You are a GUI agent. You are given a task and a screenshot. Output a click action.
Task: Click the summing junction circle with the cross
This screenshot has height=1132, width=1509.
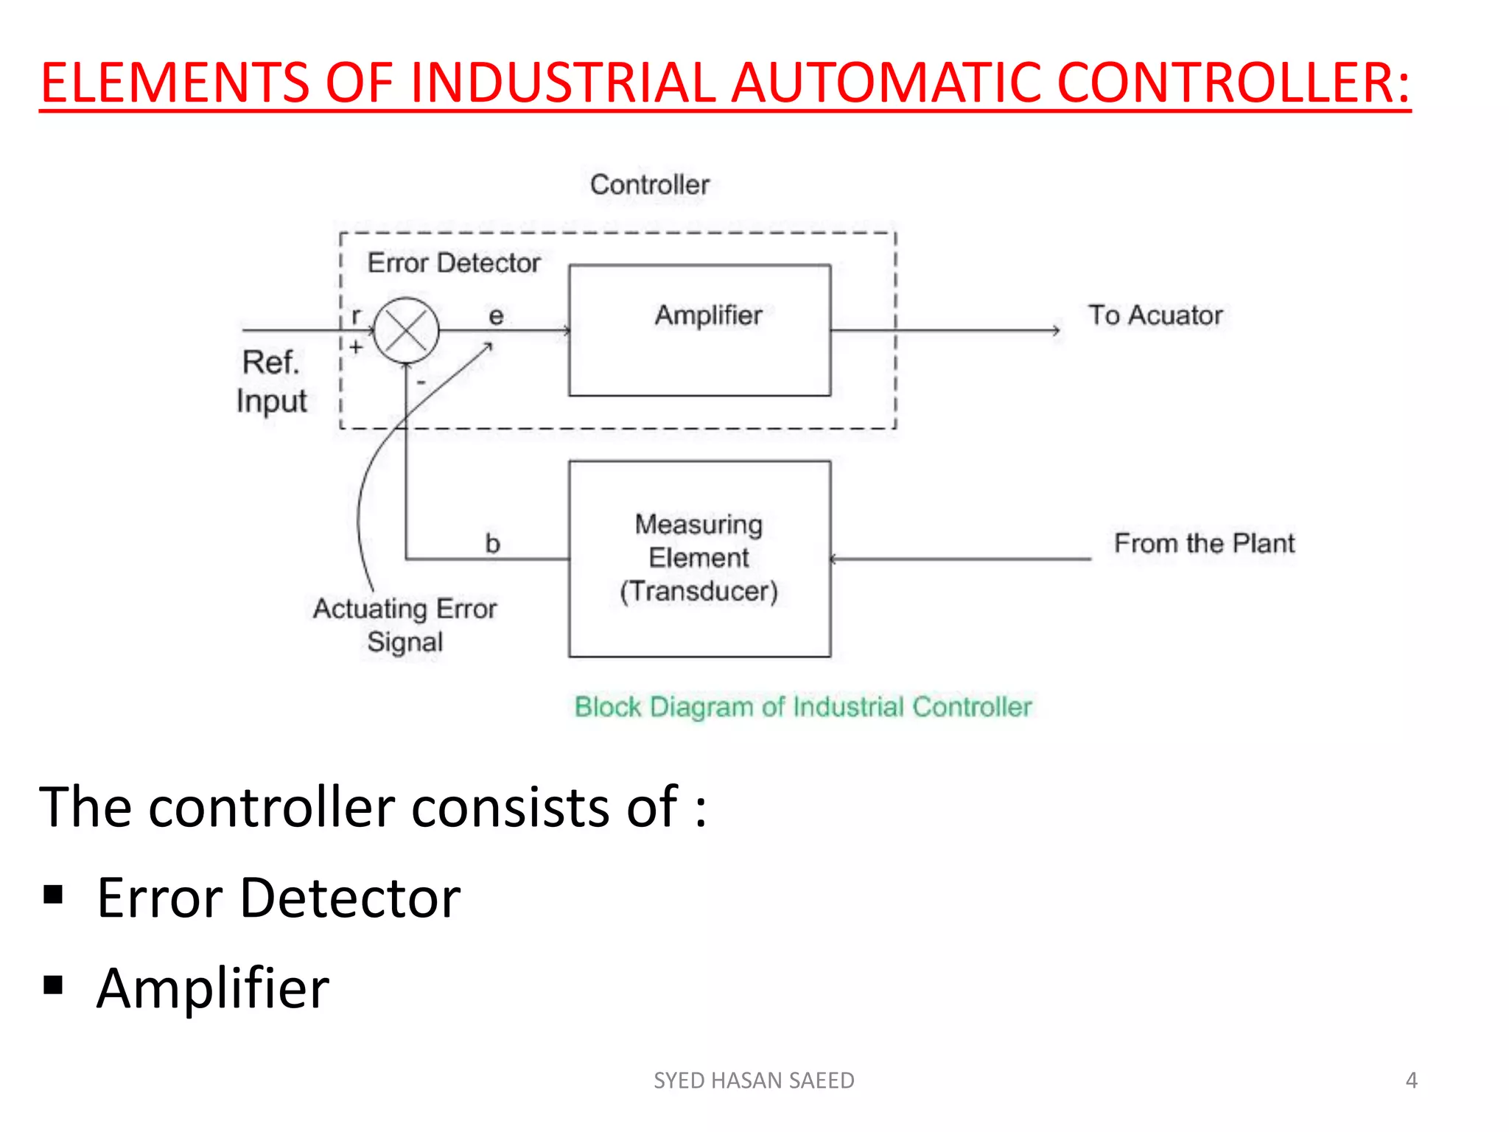click(x=406, y=330)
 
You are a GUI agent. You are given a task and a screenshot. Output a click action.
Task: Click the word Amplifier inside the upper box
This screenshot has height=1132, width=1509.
click(x=708, y=315)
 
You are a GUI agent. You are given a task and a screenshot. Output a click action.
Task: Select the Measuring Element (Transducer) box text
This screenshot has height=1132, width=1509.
click(x=699, y=558)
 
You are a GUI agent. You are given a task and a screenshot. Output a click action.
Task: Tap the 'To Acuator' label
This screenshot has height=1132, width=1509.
click(x=1155, y=315)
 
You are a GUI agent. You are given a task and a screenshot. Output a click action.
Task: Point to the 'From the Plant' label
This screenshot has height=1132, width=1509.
click(x=1203, y=543)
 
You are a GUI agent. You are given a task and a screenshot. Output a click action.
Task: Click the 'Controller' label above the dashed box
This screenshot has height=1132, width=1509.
click(x=649, y=184)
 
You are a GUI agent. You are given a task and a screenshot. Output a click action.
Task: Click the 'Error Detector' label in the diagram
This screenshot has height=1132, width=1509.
click(x=453, y=263)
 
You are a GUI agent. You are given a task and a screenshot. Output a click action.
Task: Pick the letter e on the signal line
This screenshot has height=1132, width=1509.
click(x=496, y=316)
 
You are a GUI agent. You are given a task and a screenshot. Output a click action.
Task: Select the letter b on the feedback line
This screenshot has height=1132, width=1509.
click(x=492, y=544)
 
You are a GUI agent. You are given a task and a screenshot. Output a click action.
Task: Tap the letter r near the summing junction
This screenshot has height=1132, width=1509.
click(x=357, y=316)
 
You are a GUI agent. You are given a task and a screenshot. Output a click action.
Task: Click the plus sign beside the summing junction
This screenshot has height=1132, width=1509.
click(x=357, y=346)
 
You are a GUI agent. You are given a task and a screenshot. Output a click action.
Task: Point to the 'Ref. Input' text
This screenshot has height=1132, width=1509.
click(x=271, y=382)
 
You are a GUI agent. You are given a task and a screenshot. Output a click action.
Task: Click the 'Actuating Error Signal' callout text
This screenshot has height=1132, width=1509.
click(x=405, y=625)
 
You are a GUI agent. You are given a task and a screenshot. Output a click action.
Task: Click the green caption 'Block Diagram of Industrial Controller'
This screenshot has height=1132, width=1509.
click(x=802, y=707)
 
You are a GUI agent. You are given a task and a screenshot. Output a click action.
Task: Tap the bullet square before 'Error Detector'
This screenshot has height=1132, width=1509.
click(x=53, y=894)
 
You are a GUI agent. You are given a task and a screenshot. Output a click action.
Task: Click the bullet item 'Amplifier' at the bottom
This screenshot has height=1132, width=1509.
click(x=212, y=988)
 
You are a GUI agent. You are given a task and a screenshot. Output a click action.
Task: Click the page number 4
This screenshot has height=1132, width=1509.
click(x=1411, y=1080)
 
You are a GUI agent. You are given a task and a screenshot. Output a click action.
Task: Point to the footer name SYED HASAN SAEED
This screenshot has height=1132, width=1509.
click(x=754, y=1080)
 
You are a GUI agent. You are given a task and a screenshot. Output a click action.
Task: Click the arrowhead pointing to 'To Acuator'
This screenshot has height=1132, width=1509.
click(x=1057, y=330)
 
